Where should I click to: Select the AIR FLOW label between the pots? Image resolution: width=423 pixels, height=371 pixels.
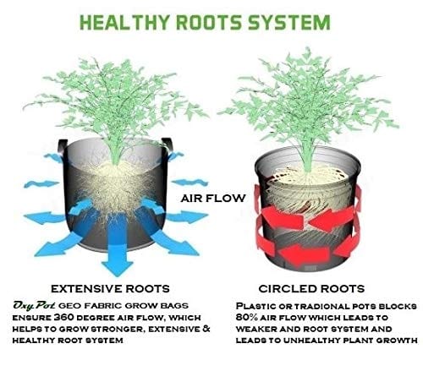[213, 199]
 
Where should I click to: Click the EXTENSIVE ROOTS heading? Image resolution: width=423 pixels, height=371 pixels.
[110, 289]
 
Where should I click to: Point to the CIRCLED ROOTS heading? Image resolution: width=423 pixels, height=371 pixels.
[311, 289]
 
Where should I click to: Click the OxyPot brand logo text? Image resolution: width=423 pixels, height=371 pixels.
[34, 305]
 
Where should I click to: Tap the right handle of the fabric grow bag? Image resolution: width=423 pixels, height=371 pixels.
[168, 145]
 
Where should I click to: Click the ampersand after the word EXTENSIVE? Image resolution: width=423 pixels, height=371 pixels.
[206, 329]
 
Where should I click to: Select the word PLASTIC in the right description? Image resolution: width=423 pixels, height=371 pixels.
[255, 306]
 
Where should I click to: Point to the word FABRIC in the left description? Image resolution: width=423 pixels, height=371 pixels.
[103, 306]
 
